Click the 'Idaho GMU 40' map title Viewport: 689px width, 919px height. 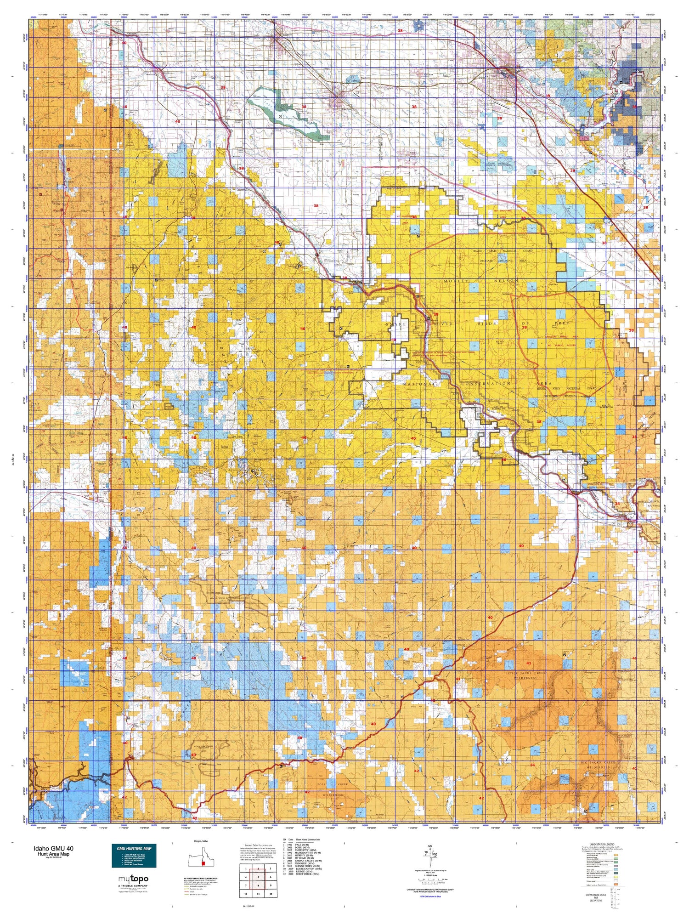[x=53, y=848]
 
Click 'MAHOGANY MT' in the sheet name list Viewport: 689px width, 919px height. [x=309, y=857]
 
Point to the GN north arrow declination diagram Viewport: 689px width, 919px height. [x=430, y=854]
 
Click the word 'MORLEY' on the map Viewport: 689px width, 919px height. [x=458, y=281]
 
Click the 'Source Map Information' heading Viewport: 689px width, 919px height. [x=254, y=845]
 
